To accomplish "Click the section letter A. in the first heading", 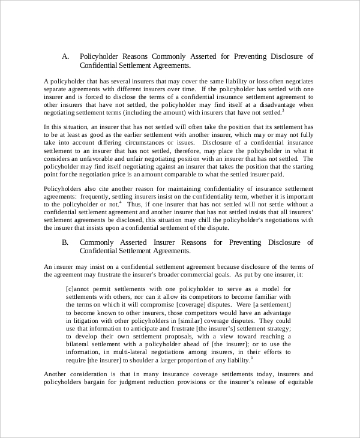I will [66, 56].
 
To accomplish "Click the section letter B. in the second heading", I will [66, 242].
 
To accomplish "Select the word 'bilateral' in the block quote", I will [80, 345].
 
